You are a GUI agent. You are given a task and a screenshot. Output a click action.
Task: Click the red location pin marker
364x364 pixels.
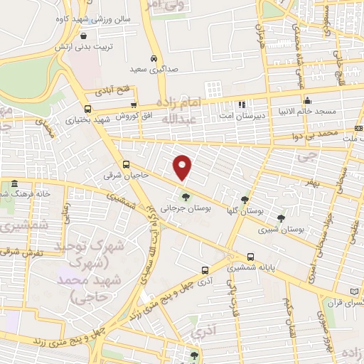[183, 167]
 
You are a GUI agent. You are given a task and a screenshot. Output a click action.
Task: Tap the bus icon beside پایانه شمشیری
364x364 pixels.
[250, 257]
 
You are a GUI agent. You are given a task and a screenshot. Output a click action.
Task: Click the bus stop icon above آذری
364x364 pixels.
[205, 270]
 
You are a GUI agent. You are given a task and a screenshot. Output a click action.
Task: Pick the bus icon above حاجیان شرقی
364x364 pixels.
[126, 164]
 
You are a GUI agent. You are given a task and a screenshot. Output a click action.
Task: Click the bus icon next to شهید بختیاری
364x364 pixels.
[87, 109]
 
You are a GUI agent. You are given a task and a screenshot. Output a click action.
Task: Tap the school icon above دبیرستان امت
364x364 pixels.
[241, 105]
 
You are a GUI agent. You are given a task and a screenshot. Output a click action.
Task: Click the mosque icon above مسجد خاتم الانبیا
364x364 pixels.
[306, 100]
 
